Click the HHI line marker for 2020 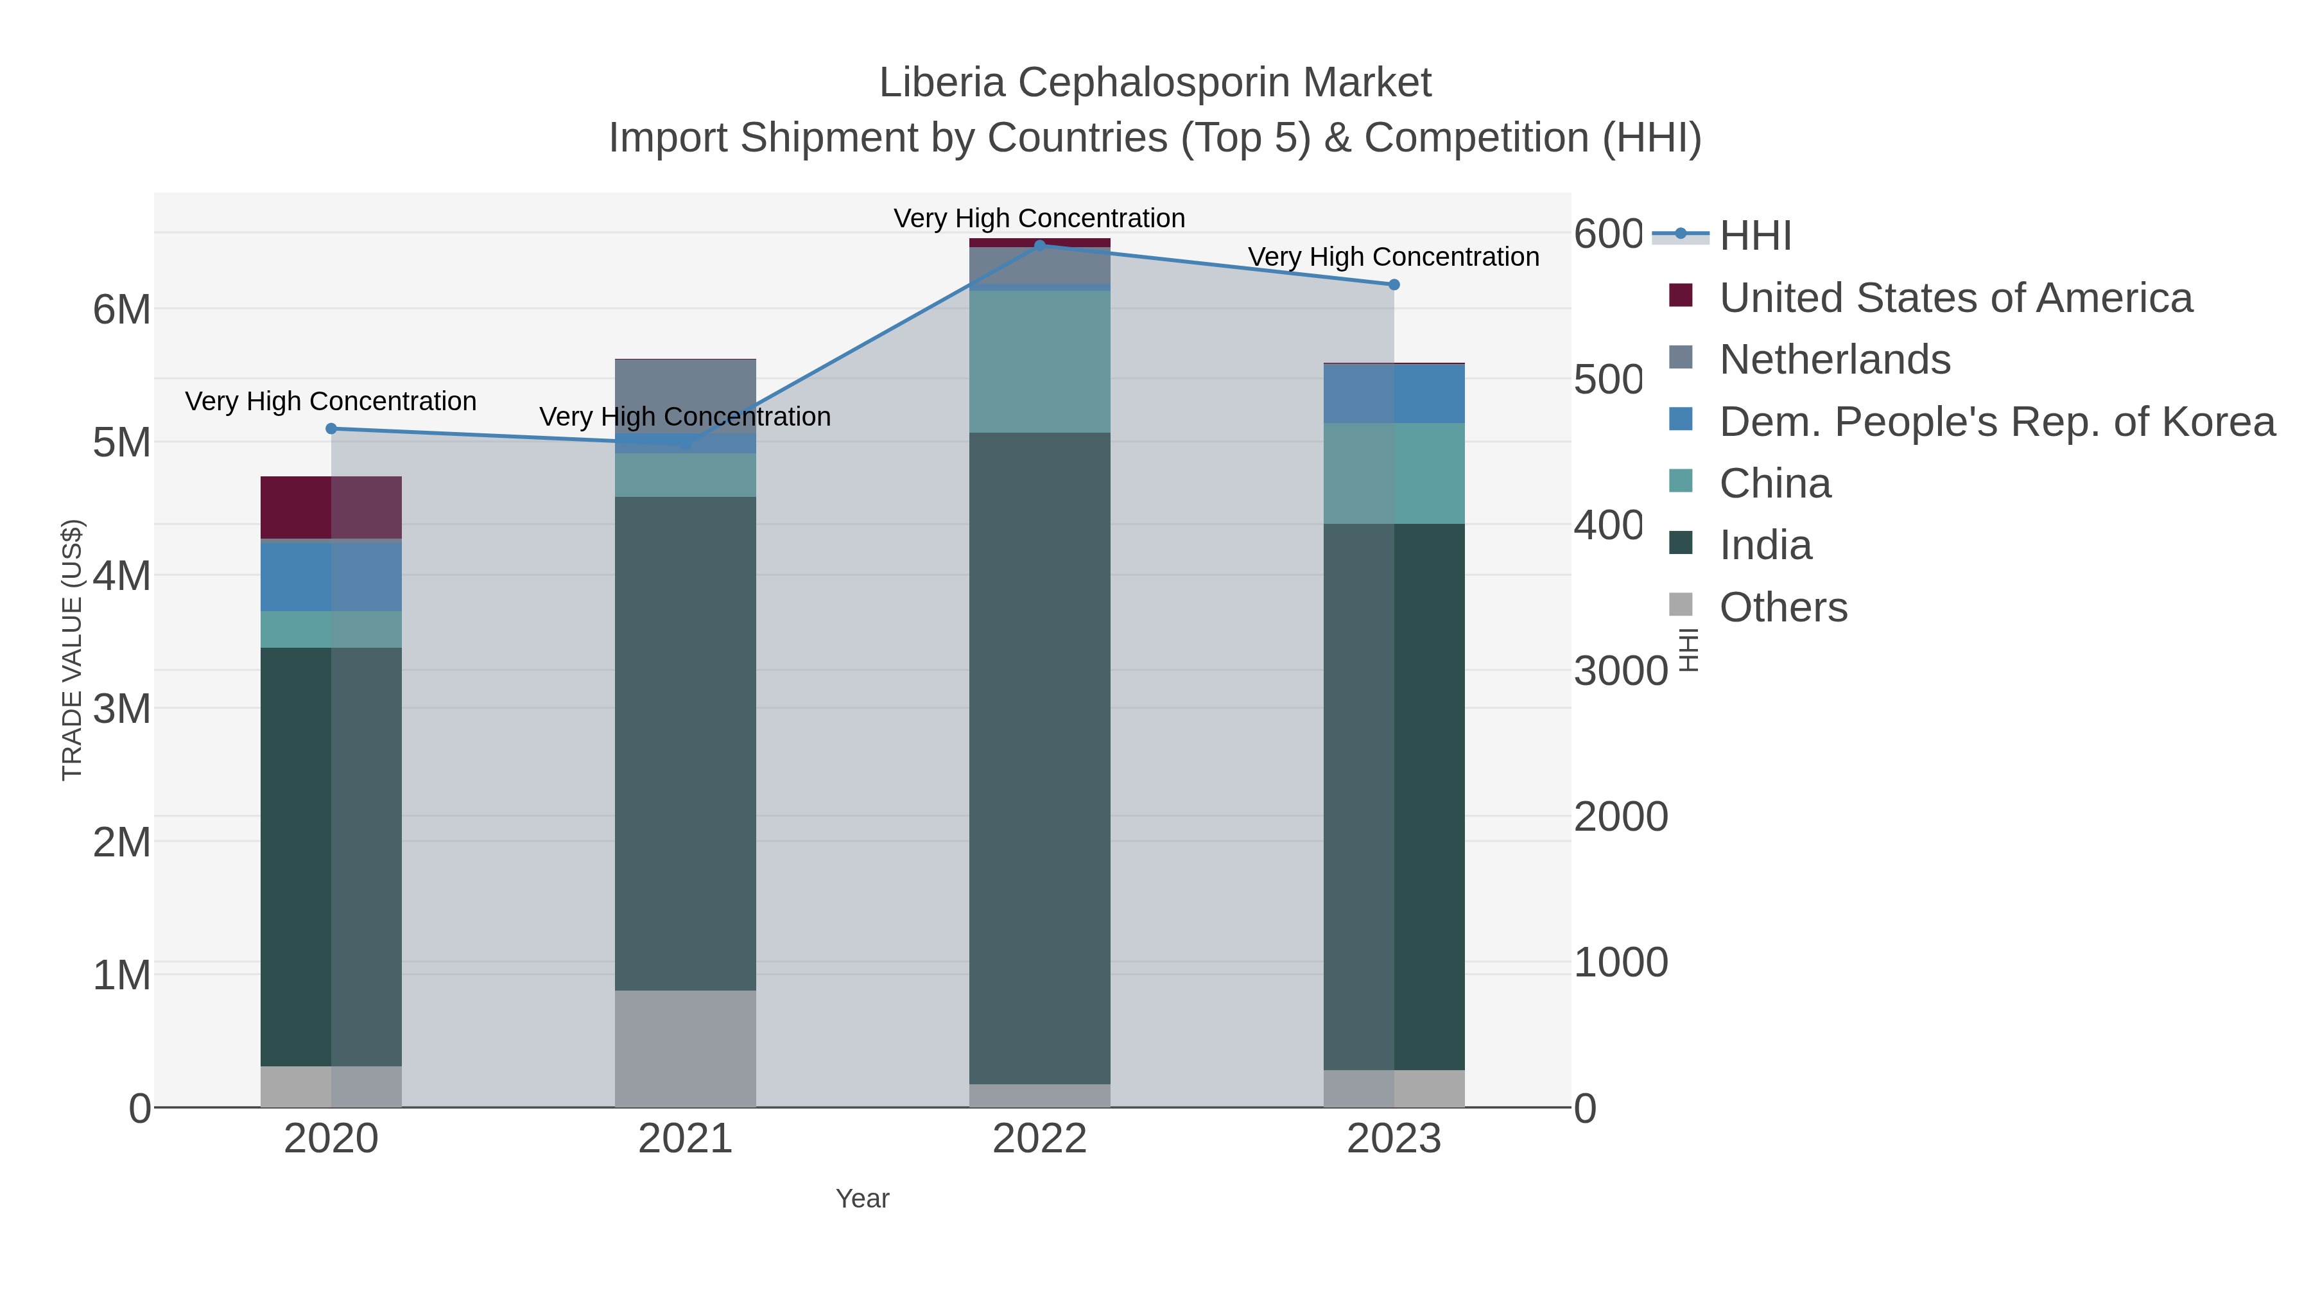[331, 429]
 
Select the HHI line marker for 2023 [1393, 284]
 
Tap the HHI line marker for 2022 [1040, 245]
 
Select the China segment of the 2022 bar [1040, 361]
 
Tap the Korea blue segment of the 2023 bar [1393, 394]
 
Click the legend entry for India [1765, 546]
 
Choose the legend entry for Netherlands [1835, 360]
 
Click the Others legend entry [1783, 607]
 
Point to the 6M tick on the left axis [122, 311]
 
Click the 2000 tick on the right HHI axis [1620, 817]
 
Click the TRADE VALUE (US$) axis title [72, 650]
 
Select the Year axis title [862, 1199]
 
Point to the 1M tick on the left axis [122, 975]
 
